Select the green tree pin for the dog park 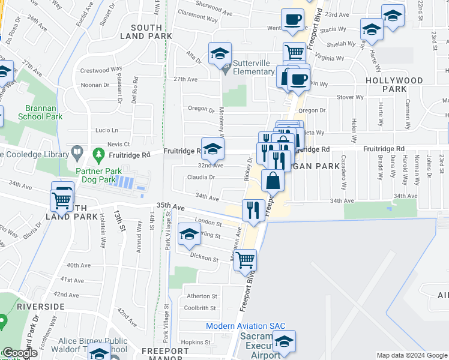(98, 155)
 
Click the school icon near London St (189, 235)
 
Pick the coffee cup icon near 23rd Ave (293, 19)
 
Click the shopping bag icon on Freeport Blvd (273, 180)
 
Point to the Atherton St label (201, 296)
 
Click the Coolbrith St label (200, 308)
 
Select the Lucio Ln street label (106, 130)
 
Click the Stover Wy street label (351, 97)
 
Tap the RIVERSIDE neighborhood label (41, 307)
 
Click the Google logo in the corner (20, 353)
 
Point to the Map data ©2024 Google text (412, 356)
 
